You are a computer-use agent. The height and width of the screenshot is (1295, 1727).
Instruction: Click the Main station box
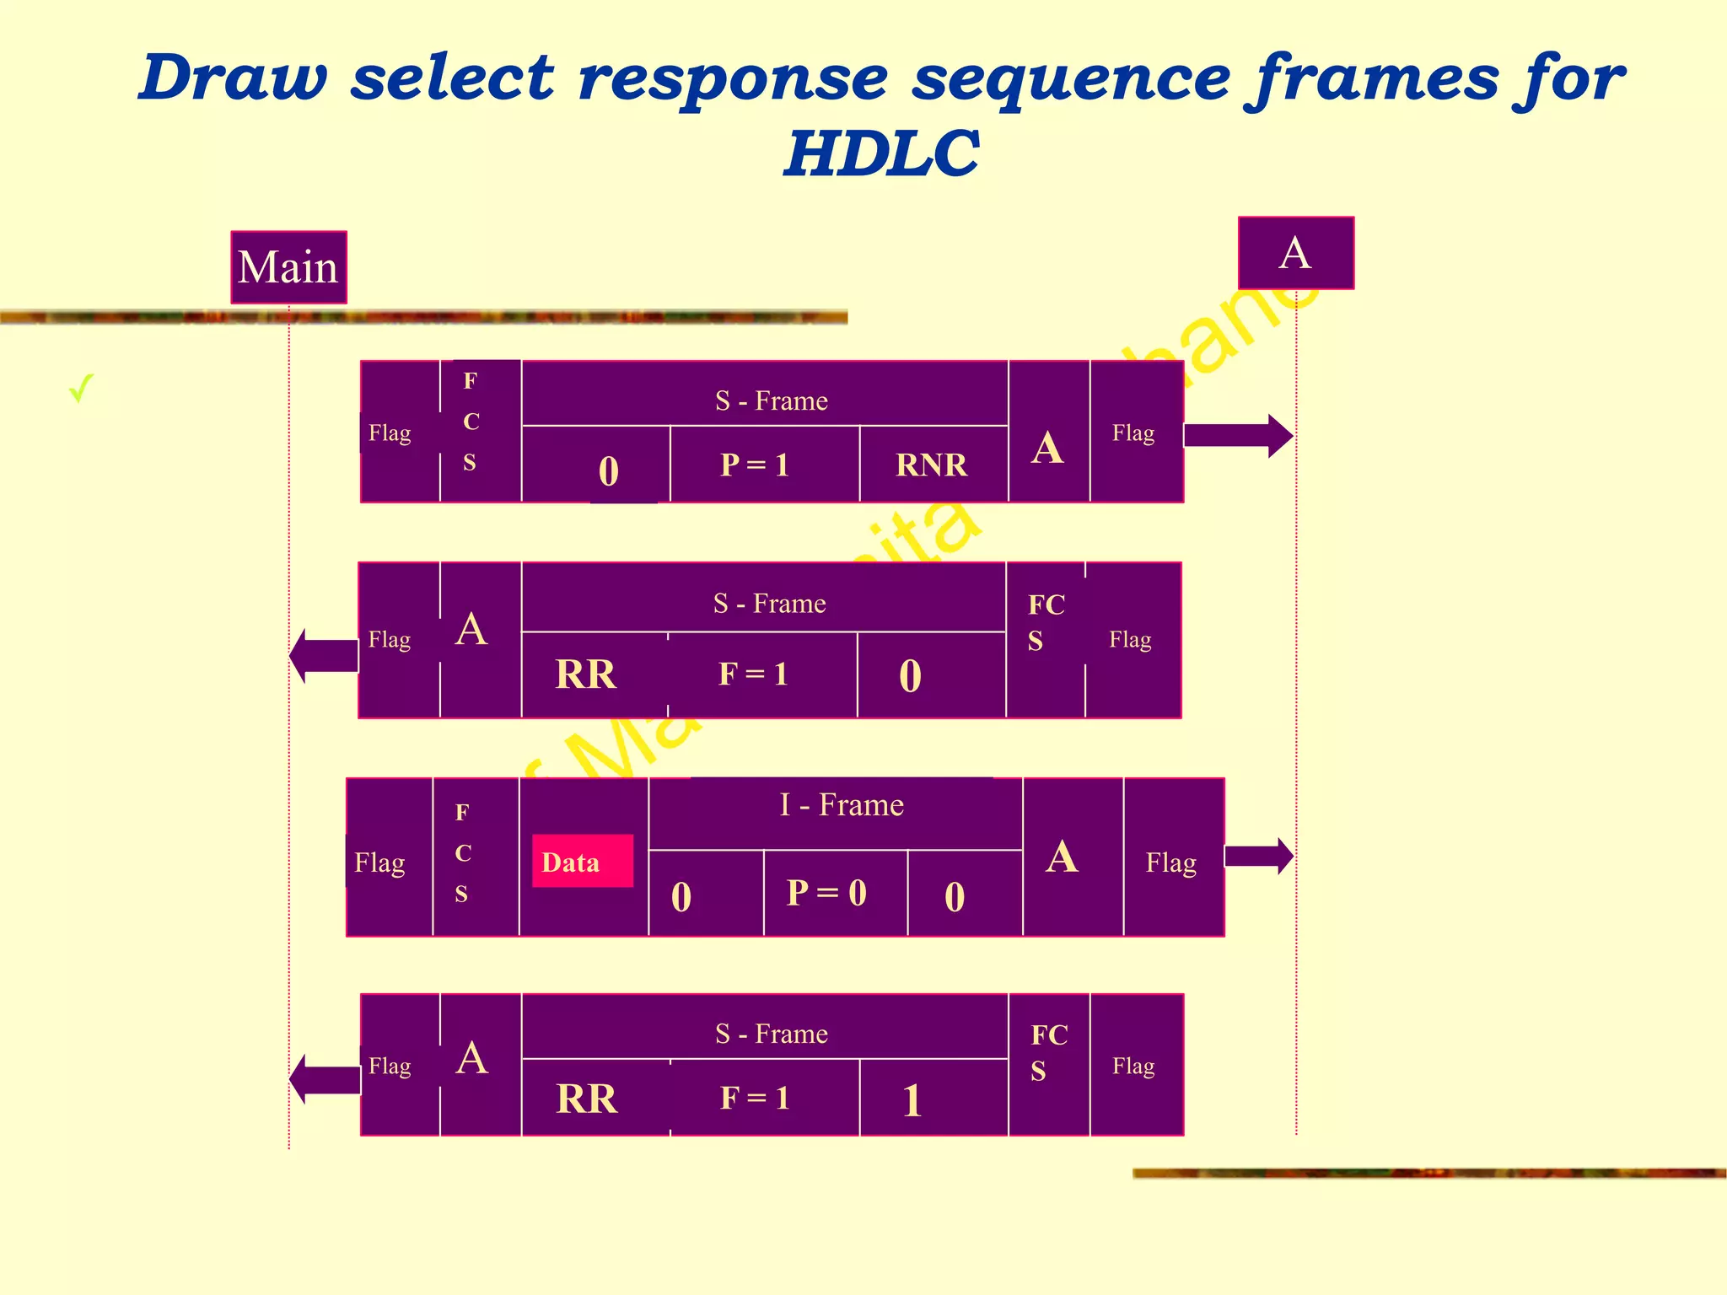[x=288, y=267]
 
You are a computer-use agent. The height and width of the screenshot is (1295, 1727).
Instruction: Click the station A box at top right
[x=1295, y=253]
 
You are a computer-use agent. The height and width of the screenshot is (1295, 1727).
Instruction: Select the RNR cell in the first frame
[x=932, y=465]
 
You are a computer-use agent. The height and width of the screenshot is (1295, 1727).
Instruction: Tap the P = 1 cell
[x=755, y=465]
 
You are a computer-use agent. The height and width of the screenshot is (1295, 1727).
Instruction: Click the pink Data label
[x=582, y=861]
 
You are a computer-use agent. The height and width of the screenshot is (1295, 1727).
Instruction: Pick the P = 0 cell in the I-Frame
[x=826, y=893]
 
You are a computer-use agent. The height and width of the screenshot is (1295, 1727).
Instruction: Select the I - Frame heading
[x=841, y=805]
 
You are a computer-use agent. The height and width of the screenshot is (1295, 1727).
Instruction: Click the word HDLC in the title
[x=881, y=153]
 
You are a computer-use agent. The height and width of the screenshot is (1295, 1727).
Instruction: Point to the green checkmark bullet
[x=81, y=389]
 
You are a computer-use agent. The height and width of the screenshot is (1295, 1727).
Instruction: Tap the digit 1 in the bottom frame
[x=912, y=1100]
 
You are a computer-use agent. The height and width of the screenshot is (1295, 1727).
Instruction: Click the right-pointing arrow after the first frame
[x=1238, y=436]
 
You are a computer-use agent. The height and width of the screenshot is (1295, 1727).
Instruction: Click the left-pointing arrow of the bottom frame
[x=324, y=1078]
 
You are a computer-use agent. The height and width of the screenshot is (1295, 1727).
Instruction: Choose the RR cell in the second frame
[x=586, y=674]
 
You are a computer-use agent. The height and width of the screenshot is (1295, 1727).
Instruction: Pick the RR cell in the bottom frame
[x=587, y=1099]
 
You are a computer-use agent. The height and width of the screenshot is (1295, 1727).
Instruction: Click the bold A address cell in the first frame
[x=1047, y=448]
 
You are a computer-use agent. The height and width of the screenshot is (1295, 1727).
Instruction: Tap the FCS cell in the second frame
[x=1046, y=623]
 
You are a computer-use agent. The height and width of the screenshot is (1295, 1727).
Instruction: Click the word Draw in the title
[x=234, y=78]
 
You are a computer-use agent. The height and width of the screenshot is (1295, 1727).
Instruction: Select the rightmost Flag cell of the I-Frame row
[x=1171, y=862]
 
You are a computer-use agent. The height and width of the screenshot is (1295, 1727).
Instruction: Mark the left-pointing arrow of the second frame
[x=324, y=655]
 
